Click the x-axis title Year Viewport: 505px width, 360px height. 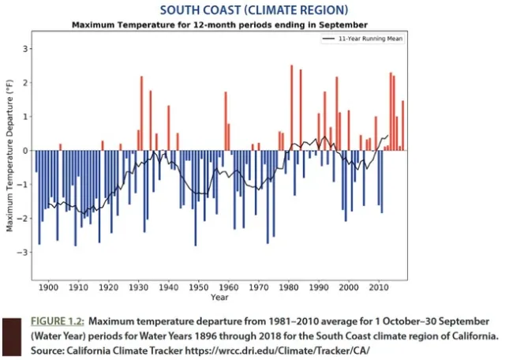219,298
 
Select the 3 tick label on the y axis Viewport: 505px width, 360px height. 26,49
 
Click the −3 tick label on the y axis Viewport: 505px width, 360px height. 24,253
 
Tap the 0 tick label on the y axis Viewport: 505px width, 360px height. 26,151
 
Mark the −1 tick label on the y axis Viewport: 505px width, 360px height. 24,185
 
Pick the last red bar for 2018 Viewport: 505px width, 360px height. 402,126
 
